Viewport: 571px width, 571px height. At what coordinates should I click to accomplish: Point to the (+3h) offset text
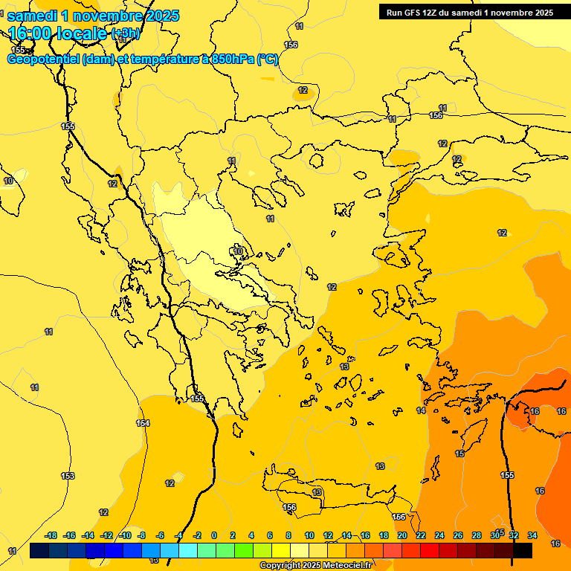click(124, 33)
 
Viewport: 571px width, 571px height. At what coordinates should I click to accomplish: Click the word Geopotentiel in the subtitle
click(42, 59)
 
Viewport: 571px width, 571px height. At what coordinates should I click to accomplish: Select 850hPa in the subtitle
click(231, 59)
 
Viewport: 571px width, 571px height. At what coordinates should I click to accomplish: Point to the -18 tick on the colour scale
click(51, 535)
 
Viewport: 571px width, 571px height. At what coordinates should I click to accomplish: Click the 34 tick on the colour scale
click(532, 535)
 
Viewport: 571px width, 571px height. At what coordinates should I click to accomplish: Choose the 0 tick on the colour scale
click(214, 535)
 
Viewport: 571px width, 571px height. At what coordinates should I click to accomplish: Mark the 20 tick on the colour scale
click(402, 535)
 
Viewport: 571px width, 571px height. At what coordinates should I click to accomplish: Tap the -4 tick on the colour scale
click(178, 535)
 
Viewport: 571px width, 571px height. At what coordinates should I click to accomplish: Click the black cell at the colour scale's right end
click(522, 550)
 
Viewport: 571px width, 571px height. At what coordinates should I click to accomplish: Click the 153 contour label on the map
click(68, 476)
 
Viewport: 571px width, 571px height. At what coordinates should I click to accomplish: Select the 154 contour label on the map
click(143, 423)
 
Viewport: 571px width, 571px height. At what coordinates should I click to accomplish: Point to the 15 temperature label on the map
click(460, 454)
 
